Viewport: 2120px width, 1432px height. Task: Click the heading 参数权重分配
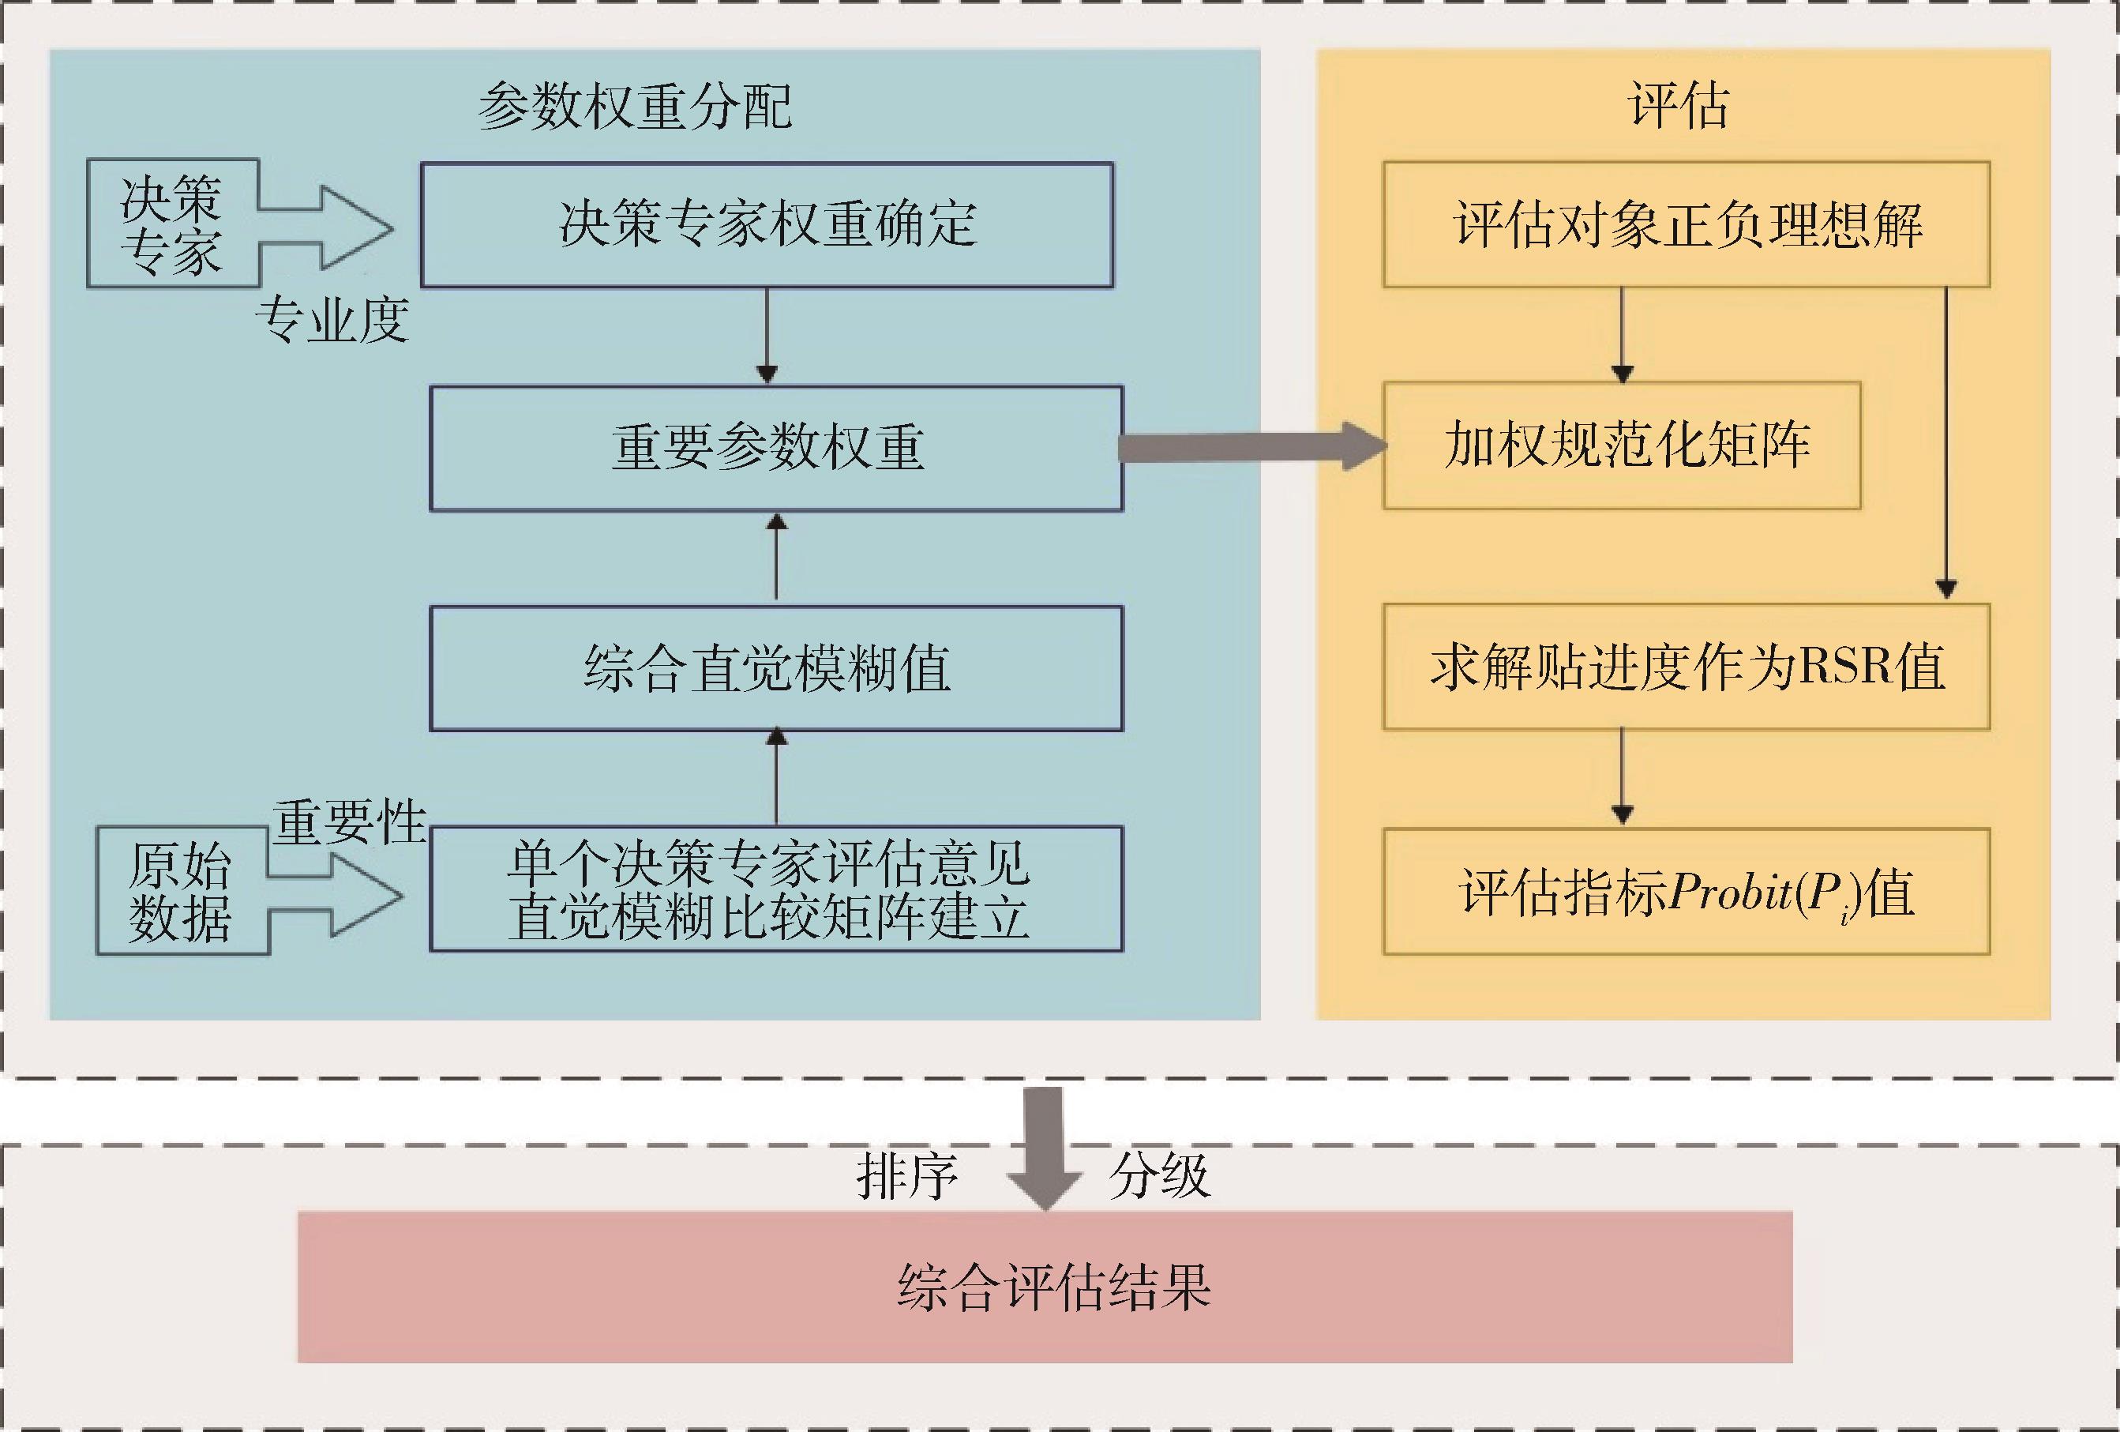(635, 106)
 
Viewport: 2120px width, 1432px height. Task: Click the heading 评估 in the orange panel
(1679, 106)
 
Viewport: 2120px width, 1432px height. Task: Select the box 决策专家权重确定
(766, 224)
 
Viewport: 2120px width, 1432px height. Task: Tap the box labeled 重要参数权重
(775, 447)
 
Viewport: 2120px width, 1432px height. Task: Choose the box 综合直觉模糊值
(775, 668)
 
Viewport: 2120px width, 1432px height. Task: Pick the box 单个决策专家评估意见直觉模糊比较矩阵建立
(775, 889)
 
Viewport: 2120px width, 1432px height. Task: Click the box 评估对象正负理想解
(1686, 224)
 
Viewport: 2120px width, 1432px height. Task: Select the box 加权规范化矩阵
(1622, 445)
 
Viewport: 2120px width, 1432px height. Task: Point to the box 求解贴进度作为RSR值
(1686, 667)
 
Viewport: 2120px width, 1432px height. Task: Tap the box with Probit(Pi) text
(1686, 892)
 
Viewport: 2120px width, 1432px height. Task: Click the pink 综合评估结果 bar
(1045, 1286)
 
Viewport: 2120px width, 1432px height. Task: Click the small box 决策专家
(171, 224)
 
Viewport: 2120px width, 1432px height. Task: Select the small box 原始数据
(181, 891)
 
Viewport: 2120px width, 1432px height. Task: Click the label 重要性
(349, 821)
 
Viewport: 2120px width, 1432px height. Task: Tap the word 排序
(906, 1176)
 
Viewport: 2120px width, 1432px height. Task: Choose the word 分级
(1158, 1176)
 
